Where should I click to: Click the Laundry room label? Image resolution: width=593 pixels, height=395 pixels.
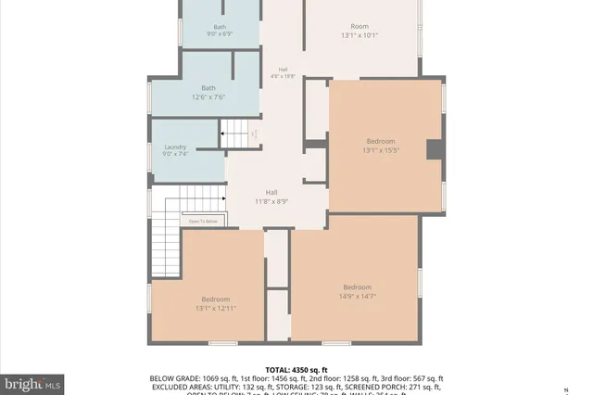(x=176, y=147)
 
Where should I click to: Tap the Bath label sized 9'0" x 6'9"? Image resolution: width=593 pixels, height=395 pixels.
(x=220, y=27)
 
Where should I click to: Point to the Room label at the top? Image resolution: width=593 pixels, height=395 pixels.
(x=360, y=26)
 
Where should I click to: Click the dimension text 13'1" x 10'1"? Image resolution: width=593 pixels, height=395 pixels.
(x=360, y=36)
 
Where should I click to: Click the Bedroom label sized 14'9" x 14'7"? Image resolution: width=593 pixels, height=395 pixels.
(x=357, y=287)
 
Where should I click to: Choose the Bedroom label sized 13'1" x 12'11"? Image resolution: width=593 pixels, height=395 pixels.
(x=216, y=299)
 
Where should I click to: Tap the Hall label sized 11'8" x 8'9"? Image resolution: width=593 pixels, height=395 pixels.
(x=271, y=192)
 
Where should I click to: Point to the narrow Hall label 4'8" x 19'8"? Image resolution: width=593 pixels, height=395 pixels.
(x=282, y=70)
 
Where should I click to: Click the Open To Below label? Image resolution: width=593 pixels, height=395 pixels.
(x=204, y=221)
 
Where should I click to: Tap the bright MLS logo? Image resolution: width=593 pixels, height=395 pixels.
(x=32, y=381)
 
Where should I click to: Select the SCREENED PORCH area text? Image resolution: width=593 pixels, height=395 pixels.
(x=358, y=388)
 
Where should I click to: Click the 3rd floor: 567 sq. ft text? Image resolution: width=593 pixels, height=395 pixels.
(x=409, y=379)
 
